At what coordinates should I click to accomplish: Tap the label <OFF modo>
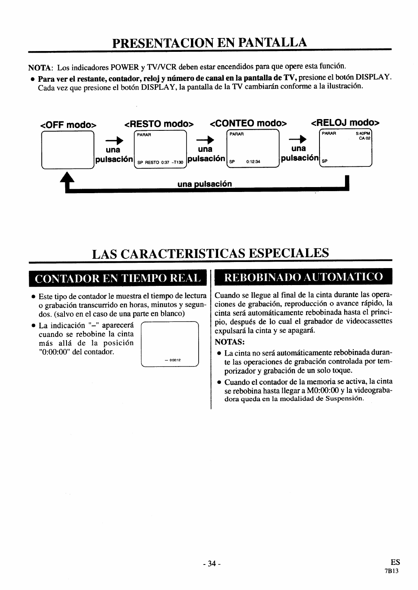[x=69, y=124]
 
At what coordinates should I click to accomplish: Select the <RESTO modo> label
[x=159, y=123]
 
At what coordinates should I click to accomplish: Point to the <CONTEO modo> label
[x=248, y=123]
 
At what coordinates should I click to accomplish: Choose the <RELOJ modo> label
[x=345, y=122]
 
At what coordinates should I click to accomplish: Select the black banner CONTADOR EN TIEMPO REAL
[x=118, y=279]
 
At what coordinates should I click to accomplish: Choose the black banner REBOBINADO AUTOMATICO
[x=304, y=277]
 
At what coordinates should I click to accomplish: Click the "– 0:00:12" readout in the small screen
[x=172, y=360]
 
